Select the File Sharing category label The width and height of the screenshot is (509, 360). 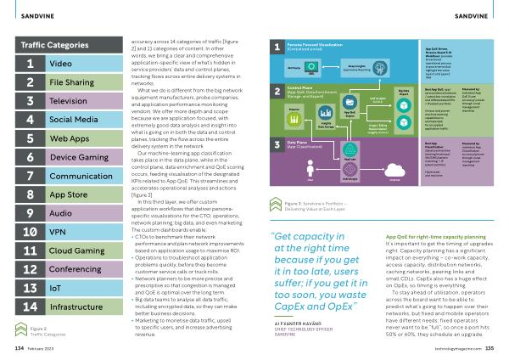73,82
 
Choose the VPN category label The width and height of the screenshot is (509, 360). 59,229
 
